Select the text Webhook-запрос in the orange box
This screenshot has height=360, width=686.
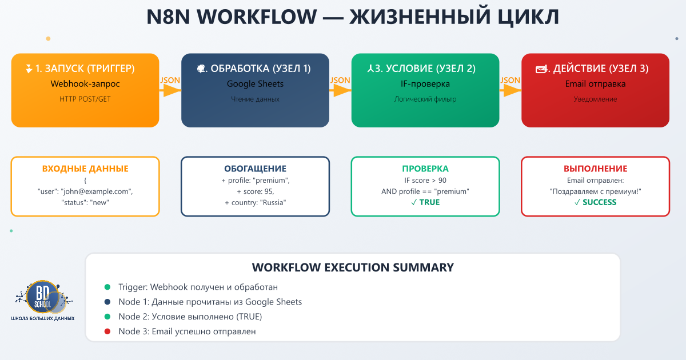pos(85,84)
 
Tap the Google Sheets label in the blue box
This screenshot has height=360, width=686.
pos(255,84)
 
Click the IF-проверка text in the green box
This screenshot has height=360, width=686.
pos(425,84)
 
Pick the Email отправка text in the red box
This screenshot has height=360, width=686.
pos(595,84)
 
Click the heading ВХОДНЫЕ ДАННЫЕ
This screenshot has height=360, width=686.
pos(85,169)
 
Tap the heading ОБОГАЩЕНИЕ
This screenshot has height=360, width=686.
pos(255,169)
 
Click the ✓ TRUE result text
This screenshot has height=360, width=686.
pos(425,202)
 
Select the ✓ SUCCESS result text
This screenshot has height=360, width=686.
pos(595,202)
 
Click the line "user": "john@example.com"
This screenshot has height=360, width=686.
pos(85,191)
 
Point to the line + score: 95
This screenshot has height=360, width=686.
pos(255,191)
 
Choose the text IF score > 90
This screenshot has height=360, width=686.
pos(425,180)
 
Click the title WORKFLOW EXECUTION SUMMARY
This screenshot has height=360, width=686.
pos(353,267)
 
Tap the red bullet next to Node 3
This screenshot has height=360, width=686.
pos(107,331)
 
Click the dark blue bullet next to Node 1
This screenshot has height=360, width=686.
pos(107,302)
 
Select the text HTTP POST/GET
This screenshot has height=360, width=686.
pos(85,99)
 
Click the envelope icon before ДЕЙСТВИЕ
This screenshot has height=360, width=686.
pos(540,69)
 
